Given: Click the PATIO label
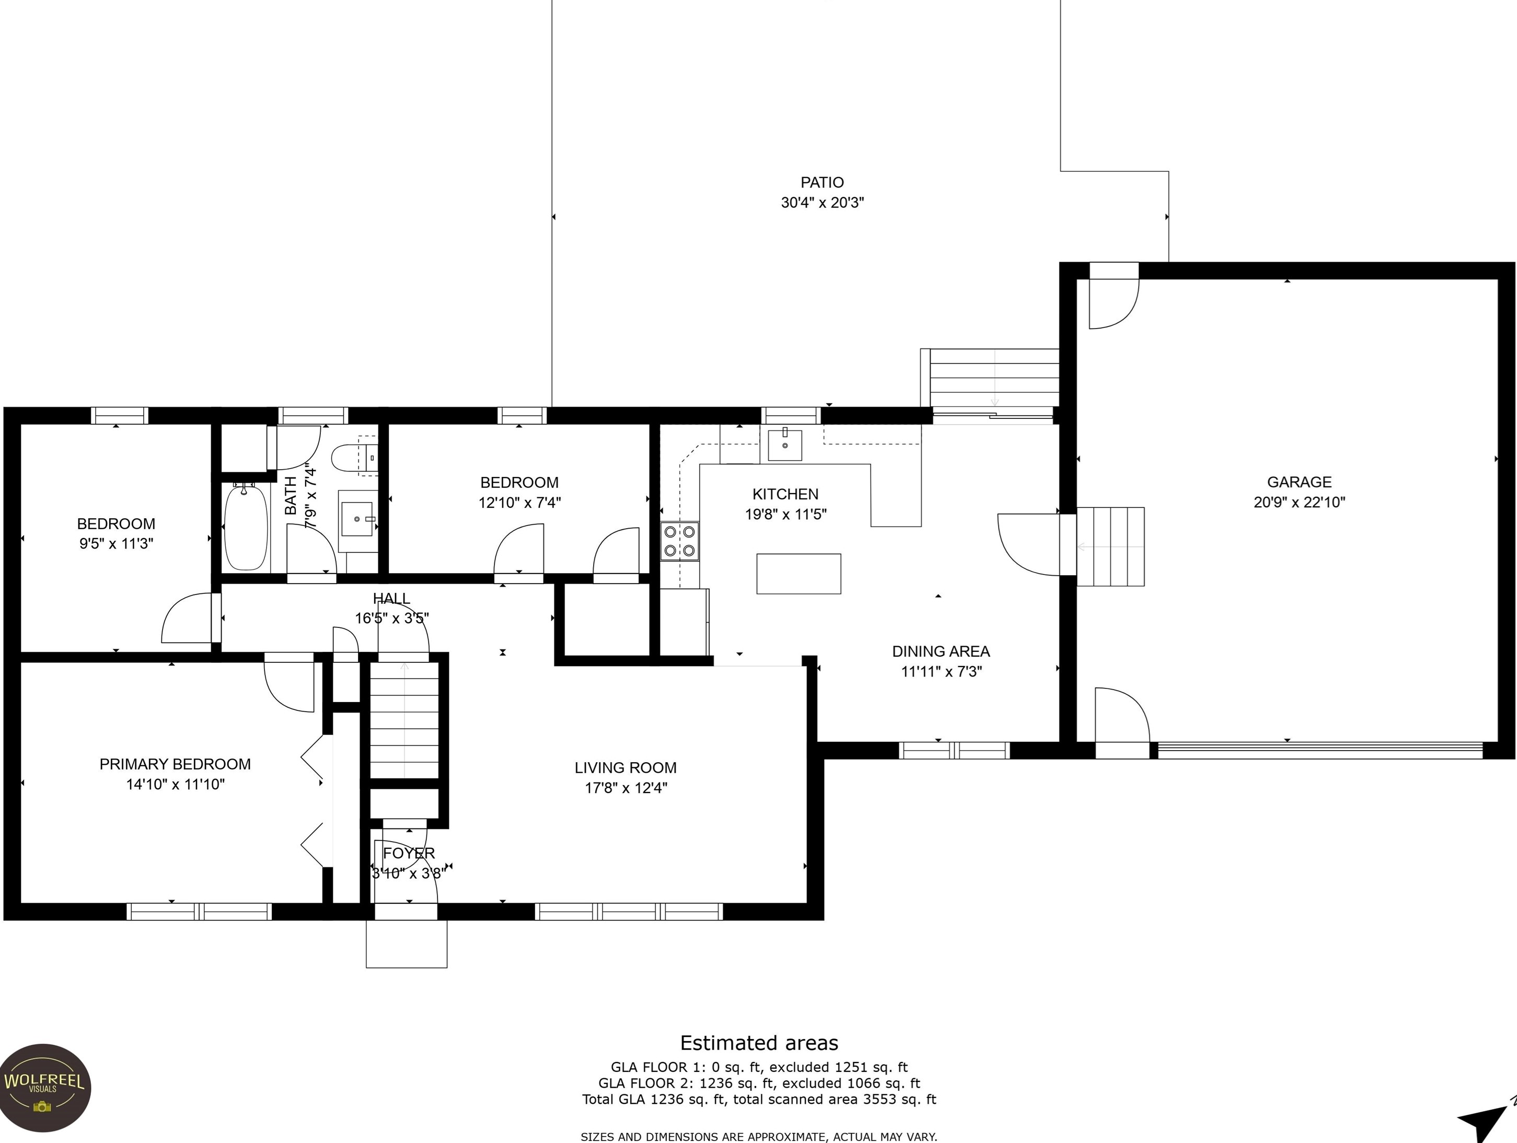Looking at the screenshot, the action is tap(823, 182).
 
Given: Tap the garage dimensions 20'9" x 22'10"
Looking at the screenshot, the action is tap(1300, 502).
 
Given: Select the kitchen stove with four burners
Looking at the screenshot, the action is tap(680, 541).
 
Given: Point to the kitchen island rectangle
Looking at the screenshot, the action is tap(799, 574).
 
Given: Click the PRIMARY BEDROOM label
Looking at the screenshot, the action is tap(175, 764).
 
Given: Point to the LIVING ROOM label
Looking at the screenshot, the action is tap(626, 768).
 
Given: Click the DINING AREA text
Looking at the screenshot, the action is tap(941, 651).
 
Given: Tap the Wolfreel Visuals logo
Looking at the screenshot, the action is tap(44, 1088).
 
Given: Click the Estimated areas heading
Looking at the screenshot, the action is tap(759, 1043).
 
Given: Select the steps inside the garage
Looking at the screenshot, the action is tap(1110, 546).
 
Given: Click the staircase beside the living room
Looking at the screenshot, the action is tap(404, 719).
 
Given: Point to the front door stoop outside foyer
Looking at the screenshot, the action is tap(407, 943).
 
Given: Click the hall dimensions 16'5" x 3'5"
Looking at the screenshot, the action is tap(391, 619).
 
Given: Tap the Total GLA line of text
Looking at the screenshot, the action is tap(759, 1099).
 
